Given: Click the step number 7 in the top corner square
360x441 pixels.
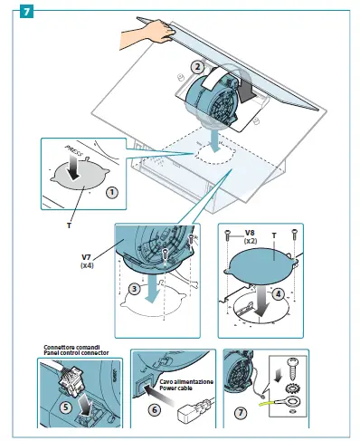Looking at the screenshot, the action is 26,12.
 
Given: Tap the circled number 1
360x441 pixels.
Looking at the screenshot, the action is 112,192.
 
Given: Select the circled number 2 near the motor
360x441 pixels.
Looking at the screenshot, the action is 197,67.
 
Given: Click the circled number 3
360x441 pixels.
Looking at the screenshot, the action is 135,289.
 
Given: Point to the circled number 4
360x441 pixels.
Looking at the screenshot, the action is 278,293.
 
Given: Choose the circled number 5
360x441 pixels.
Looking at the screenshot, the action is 66,407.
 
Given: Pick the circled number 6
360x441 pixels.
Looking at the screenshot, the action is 155,409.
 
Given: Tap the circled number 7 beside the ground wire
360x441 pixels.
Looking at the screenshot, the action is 241,413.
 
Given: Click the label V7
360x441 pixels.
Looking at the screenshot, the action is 86,257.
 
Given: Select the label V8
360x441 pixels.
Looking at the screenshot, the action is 250,233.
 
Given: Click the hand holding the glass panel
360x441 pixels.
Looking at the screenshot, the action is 147,34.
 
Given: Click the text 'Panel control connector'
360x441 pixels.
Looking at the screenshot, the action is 76,352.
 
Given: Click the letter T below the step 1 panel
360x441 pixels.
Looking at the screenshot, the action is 69,225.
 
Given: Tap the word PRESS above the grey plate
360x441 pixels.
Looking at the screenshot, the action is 73,149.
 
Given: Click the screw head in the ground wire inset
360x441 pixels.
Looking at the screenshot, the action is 291,362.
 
